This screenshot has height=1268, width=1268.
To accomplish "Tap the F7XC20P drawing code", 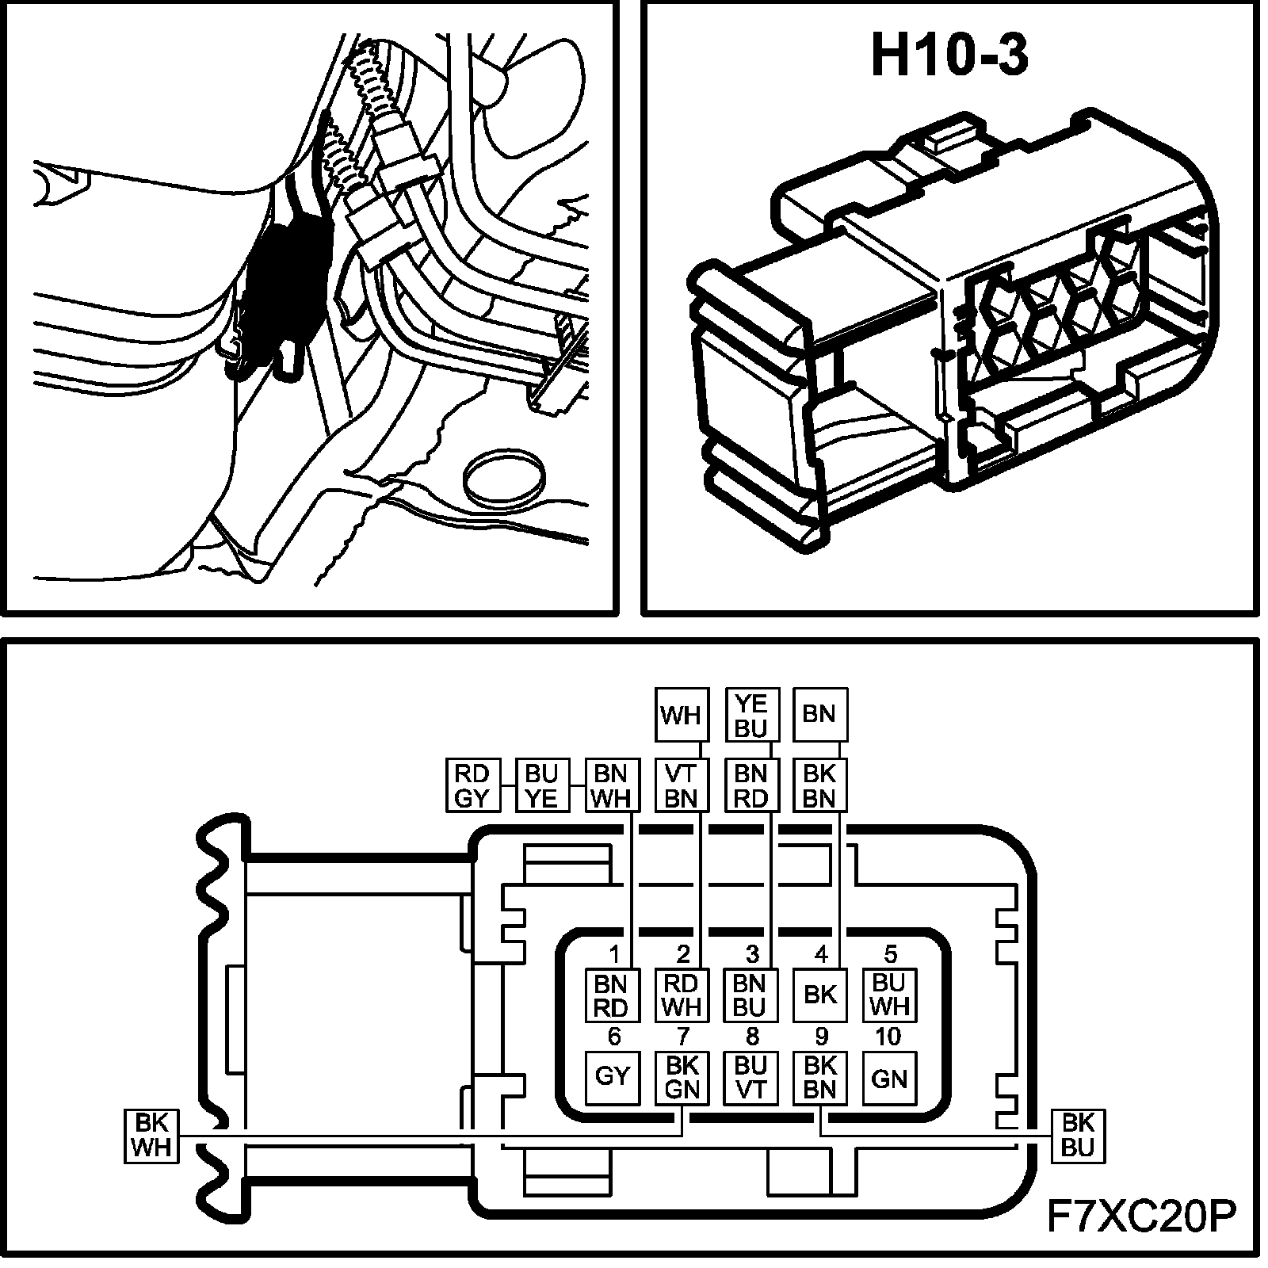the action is pyautogui.click(x=1142, y=1217).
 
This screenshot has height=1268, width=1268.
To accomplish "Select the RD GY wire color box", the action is pyautogui.click(x=473, y=785).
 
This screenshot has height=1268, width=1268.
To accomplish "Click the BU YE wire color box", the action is pyautogui.click(x=542, y=785).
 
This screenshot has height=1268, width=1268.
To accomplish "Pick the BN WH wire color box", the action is pyautogui.click(x=611, y=785).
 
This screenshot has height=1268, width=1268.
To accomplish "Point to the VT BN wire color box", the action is pyautogui.click(x=681, y=785).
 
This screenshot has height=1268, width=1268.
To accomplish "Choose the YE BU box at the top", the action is pyautogui.click(x=750, y=715).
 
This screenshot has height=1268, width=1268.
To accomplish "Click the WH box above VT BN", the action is pyautogui.click(x=681, y=715).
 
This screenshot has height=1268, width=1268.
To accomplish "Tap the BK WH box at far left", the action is pyautogui.click(x=151, y=1136).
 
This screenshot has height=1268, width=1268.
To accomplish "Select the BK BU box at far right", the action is pyautogui.click(x=1077, y=1136).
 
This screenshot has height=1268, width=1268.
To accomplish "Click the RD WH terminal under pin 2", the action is pyautogui.click(x=681, y=995).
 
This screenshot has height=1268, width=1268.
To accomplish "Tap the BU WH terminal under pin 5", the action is pyautogui.click(x=888, y=995).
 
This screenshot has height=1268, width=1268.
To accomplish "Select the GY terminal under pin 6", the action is pyautogui.click(x=612, y=1078).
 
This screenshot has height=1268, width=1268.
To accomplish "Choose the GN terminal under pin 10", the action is pyautogui.click(x=888, y=1078).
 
